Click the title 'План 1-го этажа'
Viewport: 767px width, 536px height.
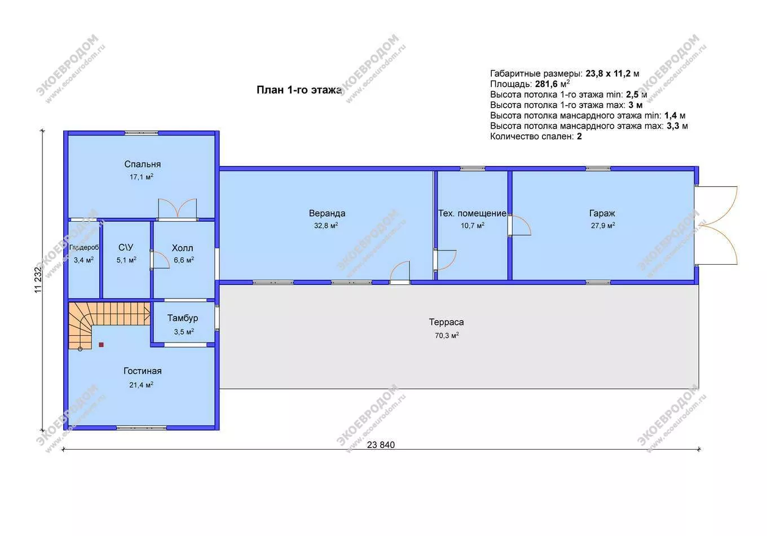[x=299, y=90]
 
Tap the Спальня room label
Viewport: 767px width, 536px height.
[x=143, y=164]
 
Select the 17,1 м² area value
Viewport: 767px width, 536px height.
[x=142, y=177]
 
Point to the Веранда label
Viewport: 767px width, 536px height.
[x=327, y=213]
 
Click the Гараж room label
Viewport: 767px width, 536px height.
[x=602, y=213]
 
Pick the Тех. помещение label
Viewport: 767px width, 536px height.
[x=472, y=213]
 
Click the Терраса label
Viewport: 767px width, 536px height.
[x=447, y=322]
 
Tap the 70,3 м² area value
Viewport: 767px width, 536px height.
[x=447, y=335]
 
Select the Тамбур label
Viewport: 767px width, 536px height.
[x=183, y=318]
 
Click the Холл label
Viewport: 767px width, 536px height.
[x=182, y=248]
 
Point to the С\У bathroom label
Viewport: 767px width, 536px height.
[x=126, y=247]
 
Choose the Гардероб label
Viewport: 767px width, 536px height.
[x=84, y=247]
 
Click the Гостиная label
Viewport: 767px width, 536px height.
[x=143, y=371]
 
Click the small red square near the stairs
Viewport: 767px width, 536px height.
[x=101, y=345]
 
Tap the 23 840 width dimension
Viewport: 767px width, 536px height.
[x=381, y=445]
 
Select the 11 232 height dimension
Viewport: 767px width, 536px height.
[x=38, y=279]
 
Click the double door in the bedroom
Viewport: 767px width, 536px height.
[x=177, y=208]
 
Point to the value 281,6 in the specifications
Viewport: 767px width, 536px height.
[x=546, y=84]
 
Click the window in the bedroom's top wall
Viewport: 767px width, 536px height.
[x=141, y=133]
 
